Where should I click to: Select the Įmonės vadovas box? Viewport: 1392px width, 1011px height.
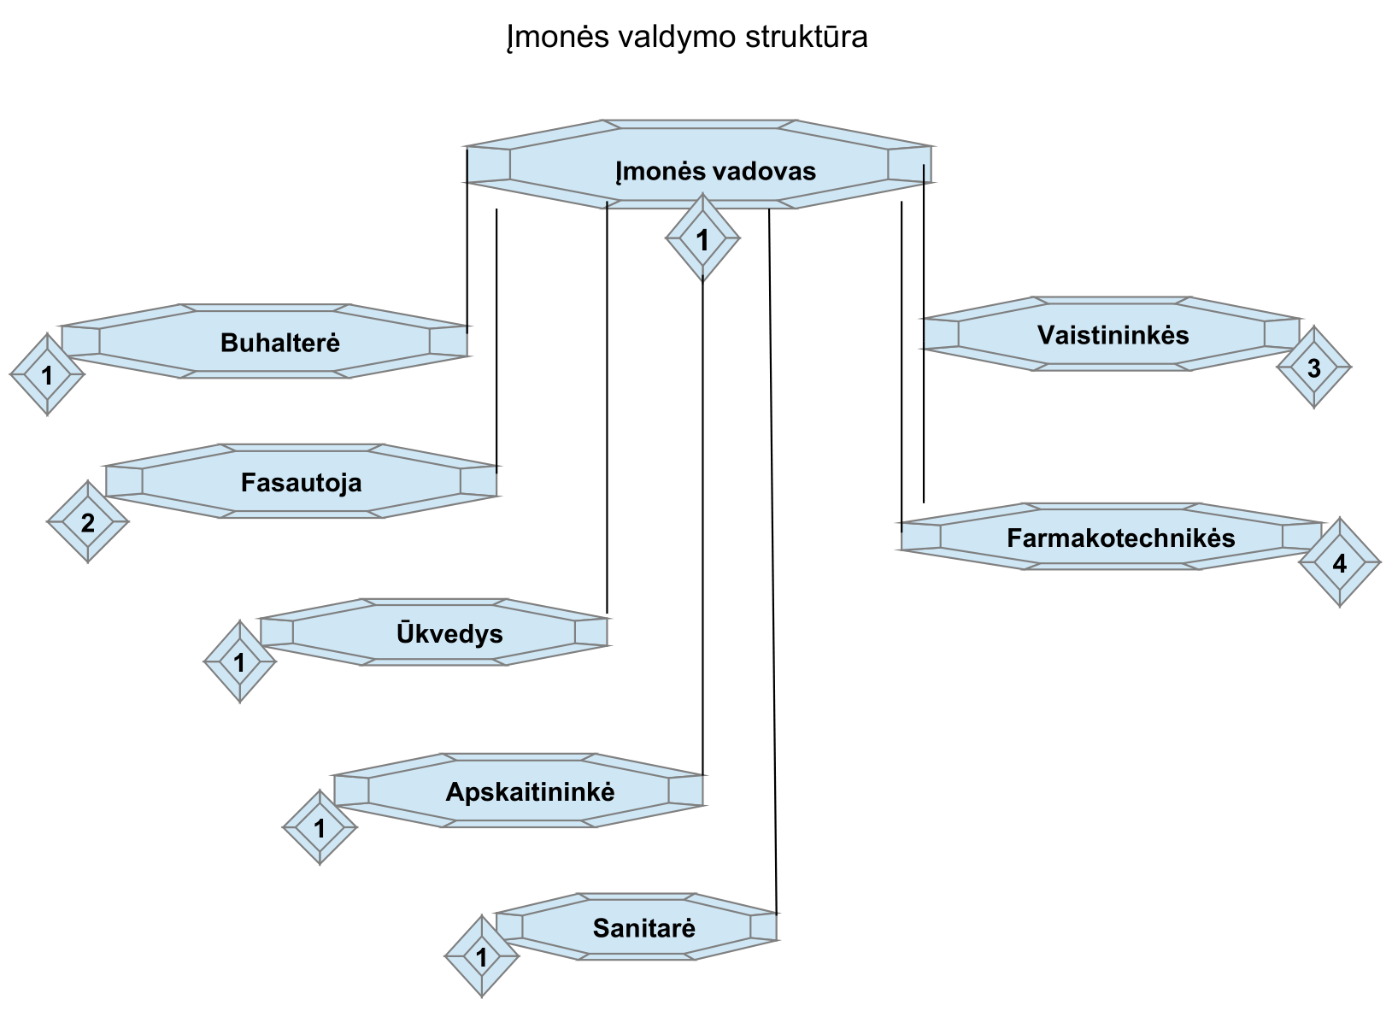point(698,165)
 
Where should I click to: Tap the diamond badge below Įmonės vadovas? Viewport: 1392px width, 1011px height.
point(702,239)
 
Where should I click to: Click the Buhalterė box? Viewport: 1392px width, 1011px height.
point(264,342)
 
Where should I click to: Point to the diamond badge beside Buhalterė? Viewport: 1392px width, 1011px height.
point(47,374)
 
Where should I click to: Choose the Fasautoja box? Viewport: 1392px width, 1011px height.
point(301,482)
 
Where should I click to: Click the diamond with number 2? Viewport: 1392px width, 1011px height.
point(88,521)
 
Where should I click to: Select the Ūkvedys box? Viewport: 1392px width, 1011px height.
point(433,632)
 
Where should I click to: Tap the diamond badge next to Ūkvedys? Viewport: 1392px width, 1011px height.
point(240,661)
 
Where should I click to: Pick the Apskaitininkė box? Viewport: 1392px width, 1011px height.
point(518,791)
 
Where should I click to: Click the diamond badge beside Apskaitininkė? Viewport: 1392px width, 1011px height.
point(320,827)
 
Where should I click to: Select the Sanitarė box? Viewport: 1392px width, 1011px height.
point(636,927)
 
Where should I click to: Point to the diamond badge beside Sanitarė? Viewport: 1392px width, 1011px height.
point(482,957)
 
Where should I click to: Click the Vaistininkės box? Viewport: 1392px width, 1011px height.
point(1111,334)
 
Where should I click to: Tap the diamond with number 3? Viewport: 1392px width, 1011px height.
point(1314,367)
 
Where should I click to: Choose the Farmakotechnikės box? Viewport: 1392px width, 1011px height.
point(1111,538)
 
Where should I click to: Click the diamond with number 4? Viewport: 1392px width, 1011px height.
point(1340,563)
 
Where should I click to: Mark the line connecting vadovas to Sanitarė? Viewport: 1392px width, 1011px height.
point(772,555)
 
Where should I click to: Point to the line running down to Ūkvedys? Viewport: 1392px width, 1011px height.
point(607,410)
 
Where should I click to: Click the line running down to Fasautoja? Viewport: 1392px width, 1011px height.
point(497,342)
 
